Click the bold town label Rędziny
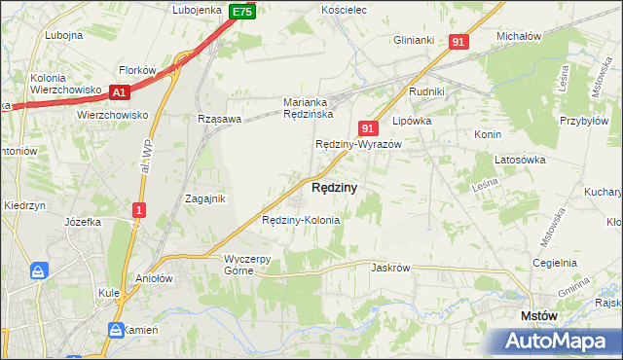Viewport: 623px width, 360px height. pyautogui.click(x=334, y=187)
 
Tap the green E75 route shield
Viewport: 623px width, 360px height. pyautogui.click(x=242, y=12)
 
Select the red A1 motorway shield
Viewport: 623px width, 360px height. pyautogui.click(x=120, y=92)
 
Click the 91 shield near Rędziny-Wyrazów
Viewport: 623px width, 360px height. pyautogui.click(x=367, y=127)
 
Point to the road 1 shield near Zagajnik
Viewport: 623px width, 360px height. pyautogui.click(x=140, y=209)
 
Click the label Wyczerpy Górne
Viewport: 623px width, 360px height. pyautogui.click(x=253, y=264)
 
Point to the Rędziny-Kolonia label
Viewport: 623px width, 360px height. pyautogui.click(x=302, y=220)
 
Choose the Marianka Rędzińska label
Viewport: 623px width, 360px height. pyautogui.click(x=309, y=107)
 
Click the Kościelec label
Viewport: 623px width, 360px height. pyautogui.click(x=343, y=9)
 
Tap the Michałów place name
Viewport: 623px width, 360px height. pyautogui.click(x=518, y=35)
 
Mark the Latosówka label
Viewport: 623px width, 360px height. pyautogui.click(x=518, y=159)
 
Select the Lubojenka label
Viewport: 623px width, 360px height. pyautogui.click(x=198, y=10)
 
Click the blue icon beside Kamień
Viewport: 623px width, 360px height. pyautogui.click(x=116, y=330)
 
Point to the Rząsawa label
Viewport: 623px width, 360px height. pyautogui.click(x=219, y=119)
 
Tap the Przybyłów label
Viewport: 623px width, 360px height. pyautogui.click(x=585, y=109)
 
